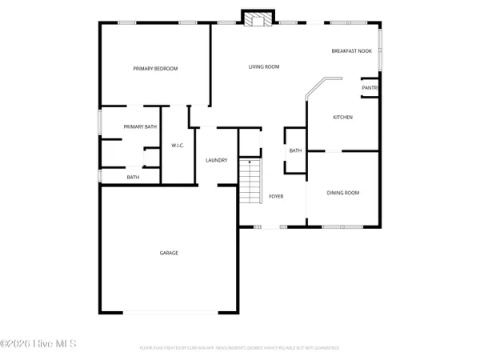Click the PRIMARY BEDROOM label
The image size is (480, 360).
[x=155, y=69]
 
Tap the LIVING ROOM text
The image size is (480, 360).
[x=263, y=66]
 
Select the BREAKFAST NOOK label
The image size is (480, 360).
[x=352, y=51]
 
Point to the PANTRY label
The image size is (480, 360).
[x=370, y=87]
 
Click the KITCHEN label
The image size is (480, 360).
[x=342, y=118]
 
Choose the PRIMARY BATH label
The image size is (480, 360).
[x=140, y=126]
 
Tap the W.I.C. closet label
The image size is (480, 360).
[x=178, y=145]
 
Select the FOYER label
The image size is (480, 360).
[x=276, y=196]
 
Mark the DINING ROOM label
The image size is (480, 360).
[x=343, y=193]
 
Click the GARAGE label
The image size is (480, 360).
[x=169, y=253]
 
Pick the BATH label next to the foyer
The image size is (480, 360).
[x=295, y=150]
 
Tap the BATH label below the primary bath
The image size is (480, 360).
[x=133, y=177]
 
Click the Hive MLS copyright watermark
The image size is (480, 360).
[x=38, y=344]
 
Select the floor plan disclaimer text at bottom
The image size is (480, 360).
[x=239, y=348]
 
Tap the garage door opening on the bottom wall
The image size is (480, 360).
[x=168, y=311]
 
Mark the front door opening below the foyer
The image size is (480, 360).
[x=274, y=227]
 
